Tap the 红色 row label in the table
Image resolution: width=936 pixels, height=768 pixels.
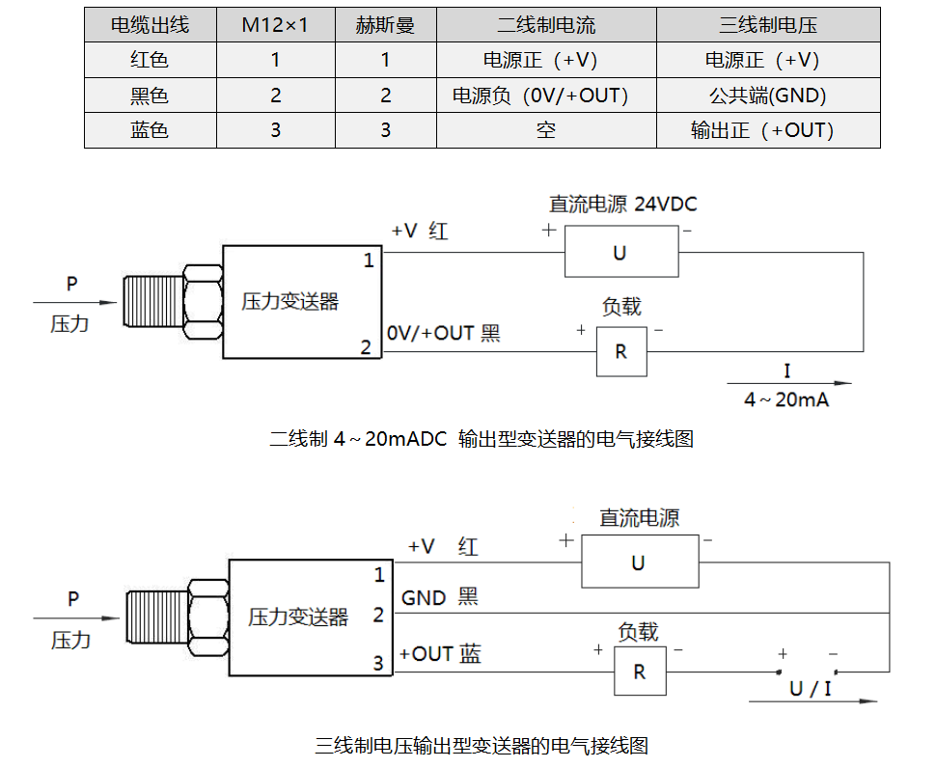pos(150,60)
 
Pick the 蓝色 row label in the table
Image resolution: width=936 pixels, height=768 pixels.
pos(150,130)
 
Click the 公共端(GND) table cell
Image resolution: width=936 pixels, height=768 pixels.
pos(767,96)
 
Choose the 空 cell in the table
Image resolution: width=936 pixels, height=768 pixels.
pos(545,130)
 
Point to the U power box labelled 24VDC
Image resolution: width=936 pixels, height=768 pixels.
pos(619,253)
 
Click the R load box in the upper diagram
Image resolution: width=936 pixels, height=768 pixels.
pos(620,352)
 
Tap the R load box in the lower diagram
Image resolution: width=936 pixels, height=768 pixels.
pos(639,672)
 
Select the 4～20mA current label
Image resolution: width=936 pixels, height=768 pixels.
pos(786,399)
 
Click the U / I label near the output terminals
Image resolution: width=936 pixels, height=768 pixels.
pos(810,689)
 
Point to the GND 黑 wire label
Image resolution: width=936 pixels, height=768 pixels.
pos(440,598)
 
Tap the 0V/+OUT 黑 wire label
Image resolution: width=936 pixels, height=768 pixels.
pos(444,334)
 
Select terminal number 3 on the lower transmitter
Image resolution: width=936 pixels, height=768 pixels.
pos(378,663)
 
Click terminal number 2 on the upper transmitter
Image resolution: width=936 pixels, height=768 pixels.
pos(366,347)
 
